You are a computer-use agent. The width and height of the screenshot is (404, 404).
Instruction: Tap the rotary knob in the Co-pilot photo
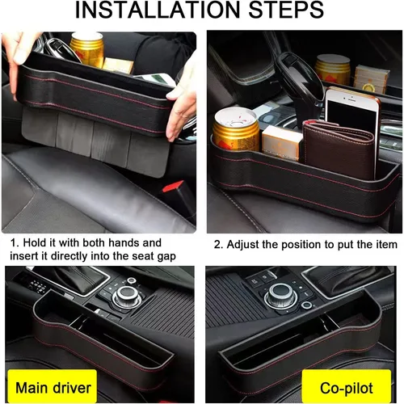tap(280, 293)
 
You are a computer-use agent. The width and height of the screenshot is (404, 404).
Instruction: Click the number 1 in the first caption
tap(14, 242)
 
